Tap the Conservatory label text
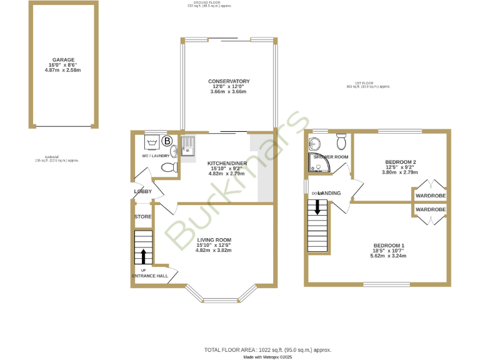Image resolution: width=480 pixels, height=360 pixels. pos(229,81)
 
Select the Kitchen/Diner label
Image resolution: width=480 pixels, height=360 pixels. pos(227,164)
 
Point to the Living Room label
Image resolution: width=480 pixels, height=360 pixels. pos(214,240)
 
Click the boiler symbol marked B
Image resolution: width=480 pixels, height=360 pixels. pos(167,141)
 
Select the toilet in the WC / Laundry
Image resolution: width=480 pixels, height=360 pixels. pos(168,167)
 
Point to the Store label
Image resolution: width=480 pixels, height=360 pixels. pos(143,217)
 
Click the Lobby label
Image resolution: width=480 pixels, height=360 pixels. pos(142,191)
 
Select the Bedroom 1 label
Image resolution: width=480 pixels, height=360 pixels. pos(389,246)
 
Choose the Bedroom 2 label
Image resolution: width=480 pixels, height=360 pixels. pos(399,162)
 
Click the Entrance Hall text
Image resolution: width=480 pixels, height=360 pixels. pos(149,276)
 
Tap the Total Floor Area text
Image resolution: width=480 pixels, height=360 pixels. pos(267,350)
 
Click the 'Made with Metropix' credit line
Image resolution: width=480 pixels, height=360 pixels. pos(267,357)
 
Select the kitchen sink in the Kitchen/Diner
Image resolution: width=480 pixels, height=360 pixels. pos(186,149)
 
